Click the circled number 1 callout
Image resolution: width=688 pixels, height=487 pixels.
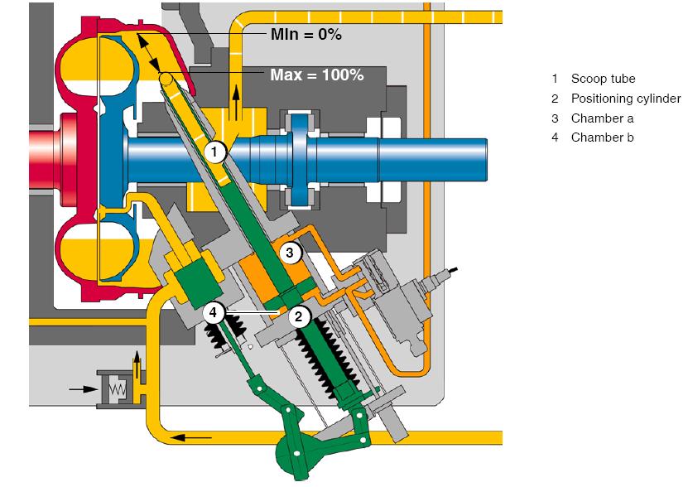[214, 152]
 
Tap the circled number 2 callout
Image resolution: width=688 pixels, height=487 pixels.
[300, 316]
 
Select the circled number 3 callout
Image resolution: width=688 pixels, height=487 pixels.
[289, 253]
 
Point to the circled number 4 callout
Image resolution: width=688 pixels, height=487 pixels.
[214, 313]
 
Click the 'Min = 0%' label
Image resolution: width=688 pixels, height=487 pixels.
[306, 34]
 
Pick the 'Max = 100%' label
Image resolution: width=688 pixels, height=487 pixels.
[316, 75]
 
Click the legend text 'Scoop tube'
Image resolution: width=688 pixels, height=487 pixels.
[603, 79]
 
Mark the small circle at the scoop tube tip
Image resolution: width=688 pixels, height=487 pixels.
[166, 78]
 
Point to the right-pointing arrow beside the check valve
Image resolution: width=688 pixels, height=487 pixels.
[79, 386]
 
